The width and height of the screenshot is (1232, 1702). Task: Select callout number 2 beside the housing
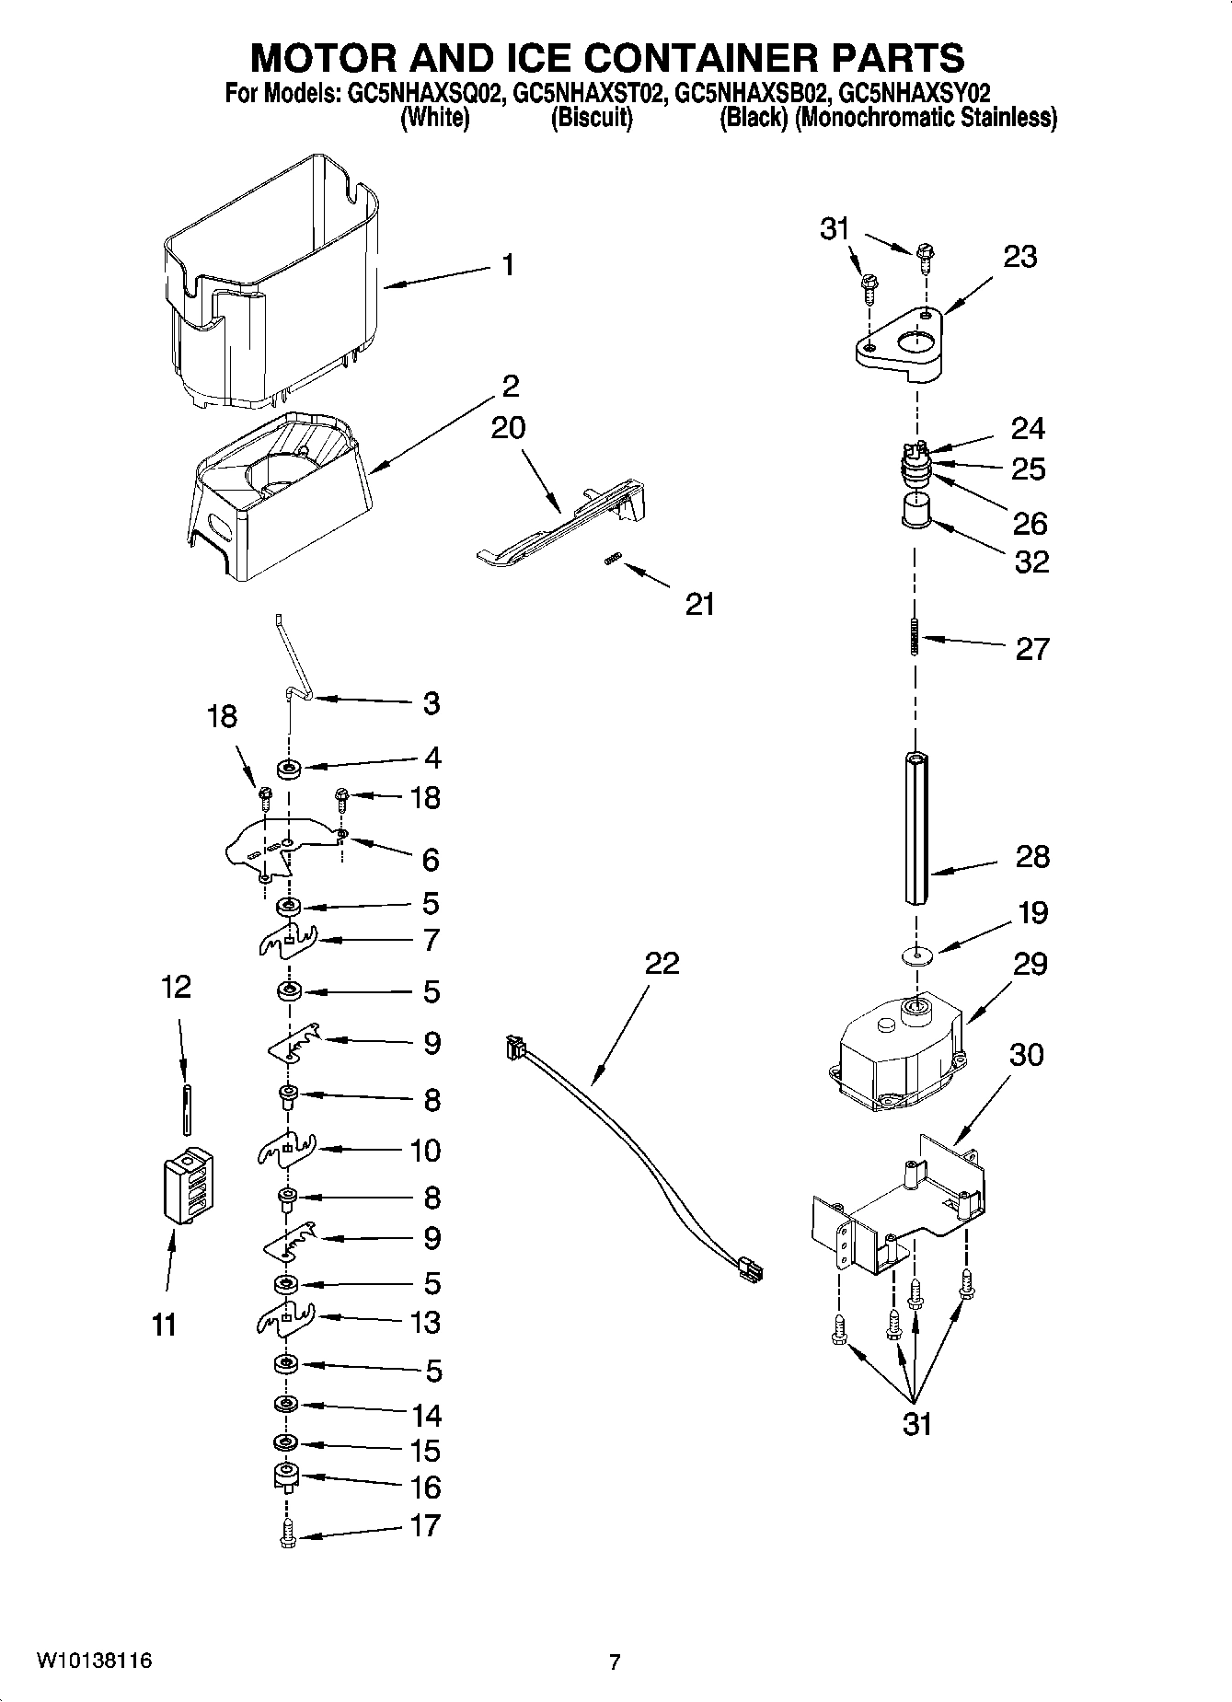click(511, 385)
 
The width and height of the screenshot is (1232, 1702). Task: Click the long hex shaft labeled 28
click(916, 828)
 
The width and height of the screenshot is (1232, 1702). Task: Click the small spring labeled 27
click(915, 637)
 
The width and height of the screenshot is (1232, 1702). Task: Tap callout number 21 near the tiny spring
click(700, 604)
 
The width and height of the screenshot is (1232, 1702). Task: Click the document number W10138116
click(94, 1661)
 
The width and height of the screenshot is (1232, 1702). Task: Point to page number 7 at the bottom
click(615, 1661)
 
